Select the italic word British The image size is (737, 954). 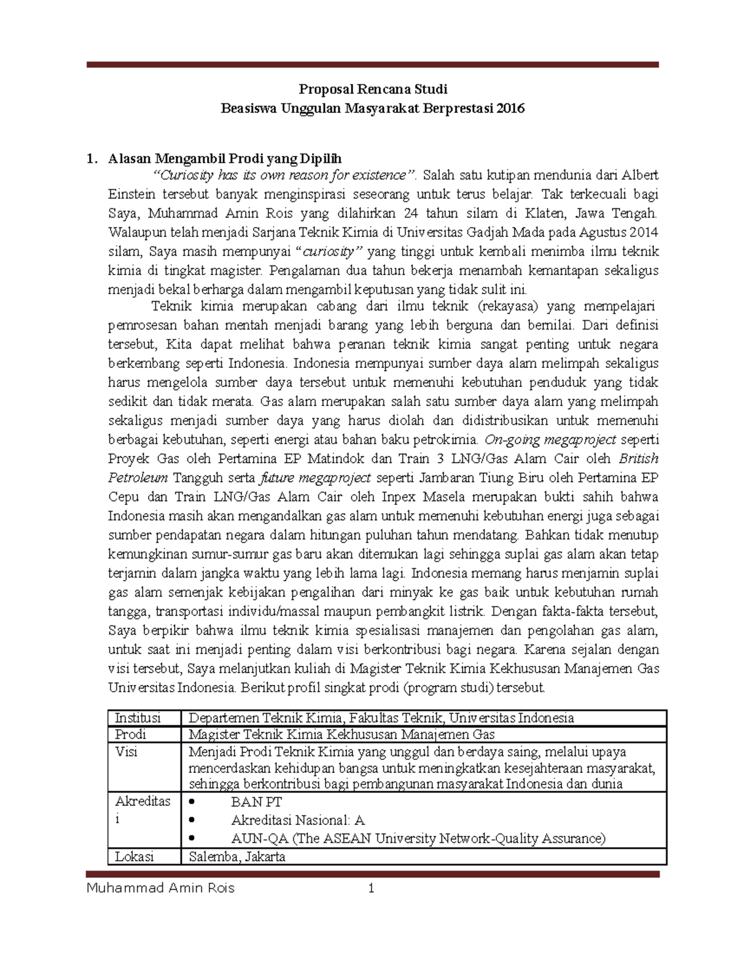click(638, 458)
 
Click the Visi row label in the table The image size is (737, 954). click(126, 752)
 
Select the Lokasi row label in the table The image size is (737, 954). click(135, 856)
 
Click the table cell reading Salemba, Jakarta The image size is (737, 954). click(237, 856)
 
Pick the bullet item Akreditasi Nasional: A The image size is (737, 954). click(298, 820)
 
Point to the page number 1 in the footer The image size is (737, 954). click(371, 888)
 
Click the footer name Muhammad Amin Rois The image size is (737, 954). click(161, 888)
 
